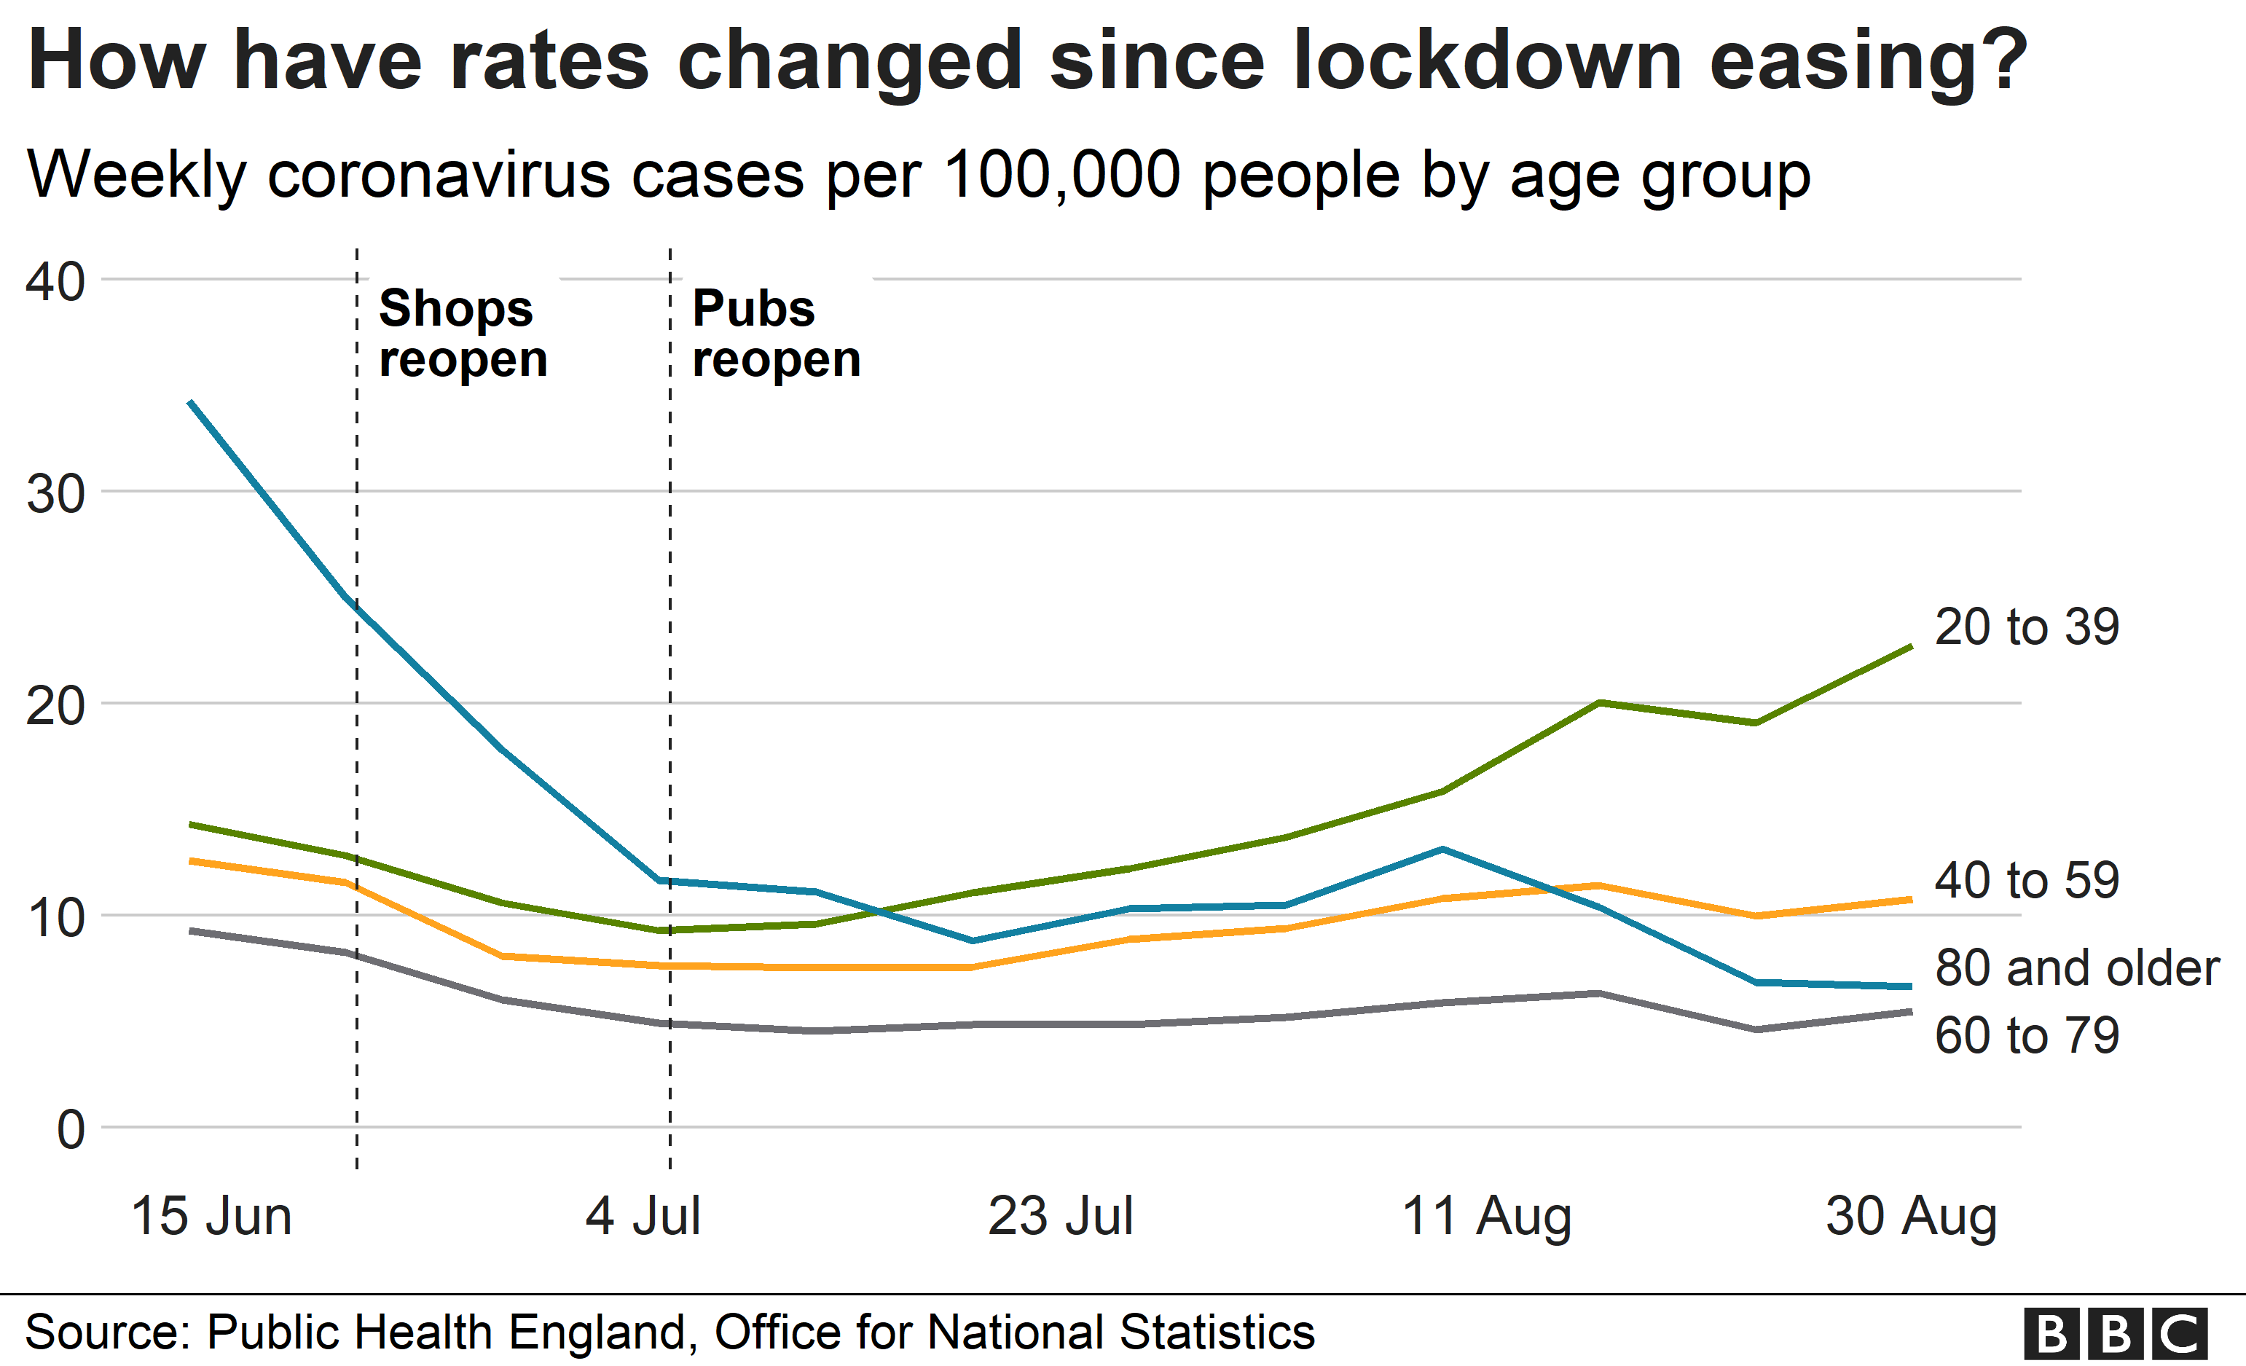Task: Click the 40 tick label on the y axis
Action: point(55,282)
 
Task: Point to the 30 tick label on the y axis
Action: point(55,494)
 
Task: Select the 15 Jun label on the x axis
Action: point(211,1216)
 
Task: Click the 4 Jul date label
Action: point(643,1216)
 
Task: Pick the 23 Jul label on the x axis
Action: point(1060,1216)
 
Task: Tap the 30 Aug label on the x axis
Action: point(1911,1216)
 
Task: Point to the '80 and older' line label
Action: point(2076,967)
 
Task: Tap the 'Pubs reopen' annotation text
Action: point(776,334)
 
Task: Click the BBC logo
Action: point(2115,1334)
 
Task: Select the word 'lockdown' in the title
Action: point(1487,60)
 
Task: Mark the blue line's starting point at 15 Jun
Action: point(191,402)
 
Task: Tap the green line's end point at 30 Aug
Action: point(1911,647)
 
